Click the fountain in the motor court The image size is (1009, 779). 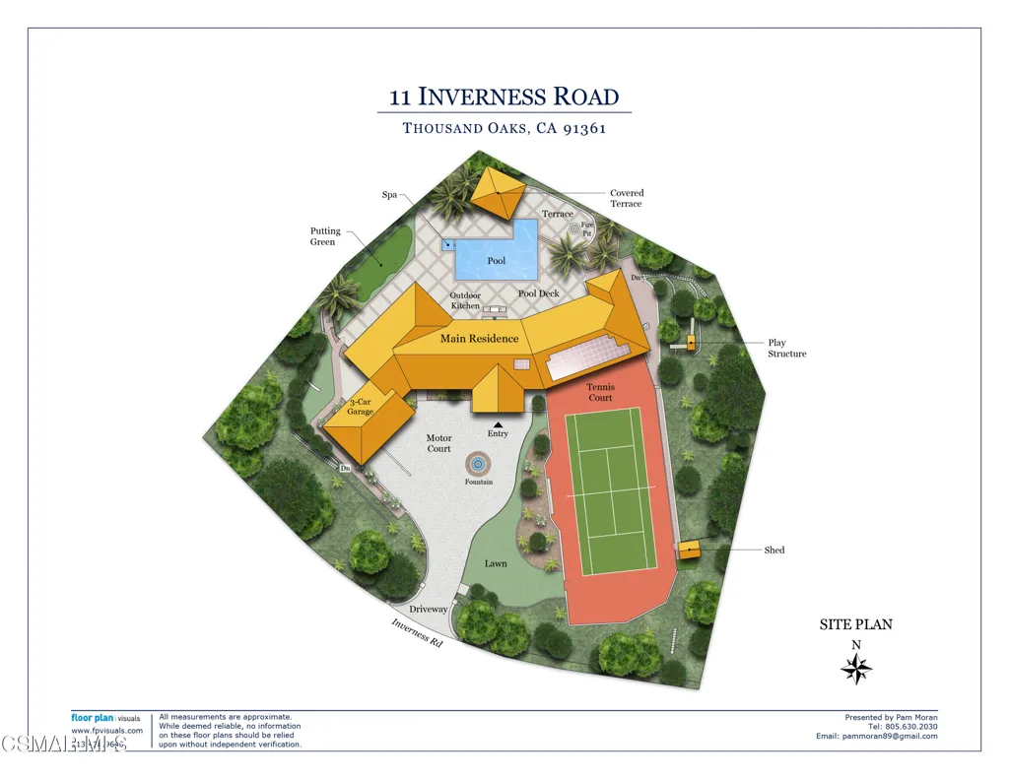477,463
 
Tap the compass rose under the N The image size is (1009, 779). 856,670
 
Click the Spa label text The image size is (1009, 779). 389,195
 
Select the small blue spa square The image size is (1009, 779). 448,244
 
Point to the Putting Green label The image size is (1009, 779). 325,236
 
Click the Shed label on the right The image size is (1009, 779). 774,550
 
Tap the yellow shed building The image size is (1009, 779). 689,551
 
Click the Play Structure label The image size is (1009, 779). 786,348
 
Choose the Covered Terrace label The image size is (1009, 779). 627,198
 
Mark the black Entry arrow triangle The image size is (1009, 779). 498,424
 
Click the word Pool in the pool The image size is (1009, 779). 497,261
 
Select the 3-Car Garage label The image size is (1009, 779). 360,407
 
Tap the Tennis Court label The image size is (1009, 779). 600,393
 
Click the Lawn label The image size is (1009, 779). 496,563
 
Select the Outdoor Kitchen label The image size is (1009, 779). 465,300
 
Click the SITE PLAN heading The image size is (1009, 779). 855,624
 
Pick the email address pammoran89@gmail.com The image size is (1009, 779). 877,737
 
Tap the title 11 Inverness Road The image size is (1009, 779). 504,97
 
